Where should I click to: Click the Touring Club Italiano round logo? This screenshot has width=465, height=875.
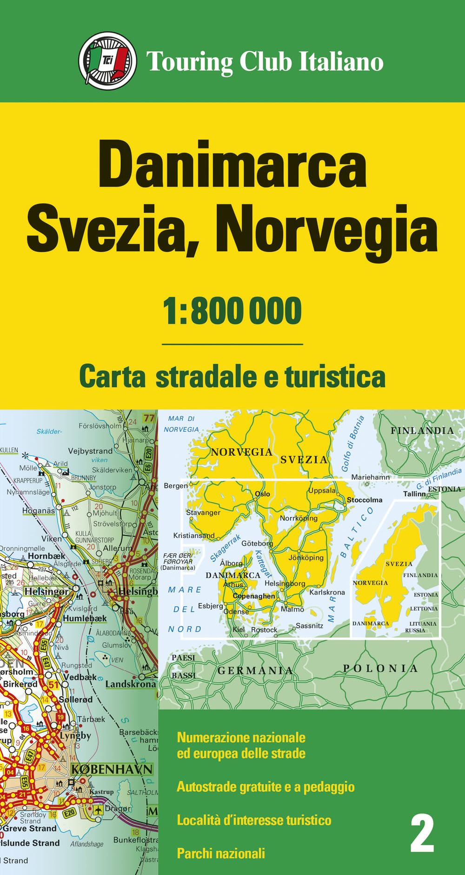point(107,61)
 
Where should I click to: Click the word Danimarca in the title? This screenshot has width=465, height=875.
point(232,167)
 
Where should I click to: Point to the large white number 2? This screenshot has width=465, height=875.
point(422,834)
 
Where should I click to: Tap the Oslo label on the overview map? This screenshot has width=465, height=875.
point(262,494)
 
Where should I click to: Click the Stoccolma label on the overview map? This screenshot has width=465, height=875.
point(365,500)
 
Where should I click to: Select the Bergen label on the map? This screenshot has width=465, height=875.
point(176,485)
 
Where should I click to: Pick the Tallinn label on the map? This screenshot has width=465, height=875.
point(414,493)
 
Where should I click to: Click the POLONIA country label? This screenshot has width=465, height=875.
point(380,668)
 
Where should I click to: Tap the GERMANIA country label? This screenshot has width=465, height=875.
point(255,671)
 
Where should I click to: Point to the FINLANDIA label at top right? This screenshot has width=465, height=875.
point(422,431)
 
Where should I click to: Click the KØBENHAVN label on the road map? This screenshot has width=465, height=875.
point(112,769)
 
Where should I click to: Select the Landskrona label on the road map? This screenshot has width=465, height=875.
point(131,684)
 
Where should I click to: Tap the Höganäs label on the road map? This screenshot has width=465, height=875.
point(39,511)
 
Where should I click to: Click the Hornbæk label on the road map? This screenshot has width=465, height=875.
point(46,556)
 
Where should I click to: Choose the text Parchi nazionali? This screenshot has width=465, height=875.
point(221,853)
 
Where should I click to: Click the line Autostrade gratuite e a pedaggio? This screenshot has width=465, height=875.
point(266,787)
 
